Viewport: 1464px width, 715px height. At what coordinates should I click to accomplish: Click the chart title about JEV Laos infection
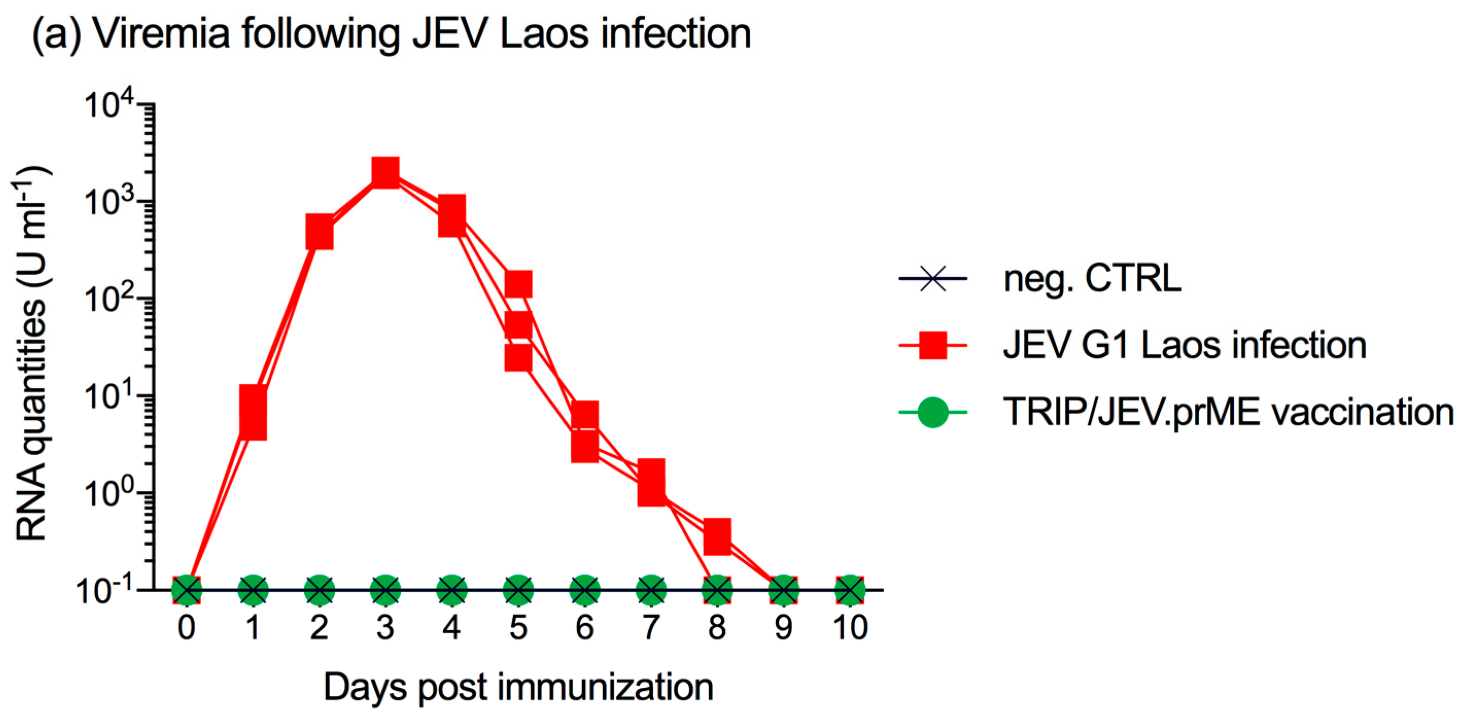tap(392, 34)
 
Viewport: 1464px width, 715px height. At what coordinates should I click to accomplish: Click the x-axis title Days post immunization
tap(518, 688)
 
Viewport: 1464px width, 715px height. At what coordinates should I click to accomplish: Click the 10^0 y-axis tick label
tap(108, 492)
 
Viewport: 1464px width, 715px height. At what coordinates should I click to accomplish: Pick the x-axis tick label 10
tap(850, 628)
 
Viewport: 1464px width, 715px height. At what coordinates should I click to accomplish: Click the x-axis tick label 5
tap(518, 628)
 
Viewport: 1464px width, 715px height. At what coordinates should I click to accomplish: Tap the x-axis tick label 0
tap(186, 628)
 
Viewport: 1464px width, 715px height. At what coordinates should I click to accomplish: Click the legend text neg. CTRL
tap(1092, 278)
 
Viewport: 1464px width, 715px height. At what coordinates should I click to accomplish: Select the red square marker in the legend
tap(933, 345)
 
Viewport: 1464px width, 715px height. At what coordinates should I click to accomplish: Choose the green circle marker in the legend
tap(933, 412)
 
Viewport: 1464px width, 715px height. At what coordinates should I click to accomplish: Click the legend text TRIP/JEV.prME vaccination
tap(1228, 412)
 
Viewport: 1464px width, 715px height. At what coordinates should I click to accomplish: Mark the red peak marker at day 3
tap(386, 171)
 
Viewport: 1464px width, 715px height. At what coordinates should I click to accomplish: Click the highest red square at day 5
tap(518, 283)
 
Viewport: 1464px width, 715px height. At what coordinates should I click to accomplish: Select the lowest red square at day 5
tap(518, 358)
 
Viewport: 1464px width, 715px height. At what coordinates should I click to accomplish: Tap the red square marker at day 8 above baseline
tap(717, 535)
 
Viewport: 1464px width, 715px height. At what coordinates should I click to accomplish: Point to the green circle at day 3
tap(386, 590)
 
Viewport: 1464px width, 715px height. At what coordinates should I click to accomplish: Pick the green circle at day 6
tap(584, 590)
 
